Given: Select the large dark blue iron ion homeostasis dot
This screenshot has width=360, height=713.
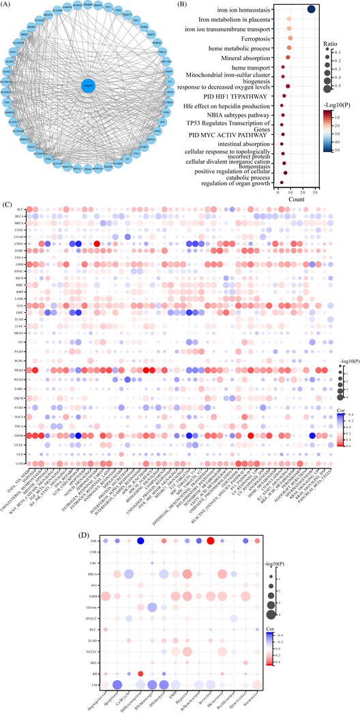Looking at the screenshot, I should point(310,9).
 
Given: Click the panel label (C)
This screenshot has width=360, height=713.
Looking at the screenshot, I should point(6,203).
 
